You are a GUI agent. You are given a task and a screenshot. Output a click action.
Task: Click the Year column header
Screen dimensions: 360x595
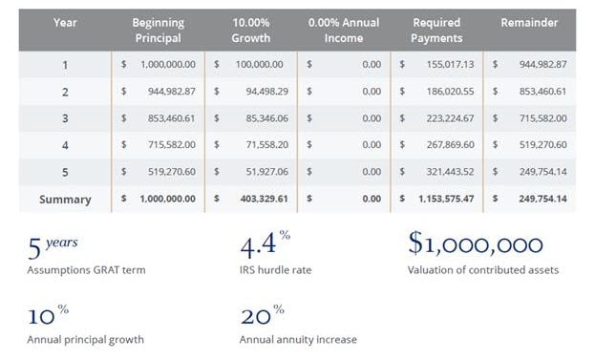pyautogui.click(x=64, y=22)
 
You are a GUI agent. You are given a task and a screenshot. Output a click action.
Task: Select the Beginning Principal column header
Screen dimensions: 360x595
pyautogui.click(x=159, y=29)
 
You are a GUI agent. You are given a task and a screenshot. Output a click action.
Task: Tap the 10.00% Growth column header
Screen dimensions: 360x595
pyautogui.click(x=250, y=29)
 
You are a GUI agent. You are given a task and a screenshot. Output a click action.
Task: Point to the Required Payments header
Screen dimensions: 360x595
pyautogui.click(x=437, y=29)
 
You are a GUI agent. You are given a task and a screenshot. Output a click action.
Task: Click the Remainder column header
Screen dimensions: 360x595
pyautogui.click(x=528, y=22)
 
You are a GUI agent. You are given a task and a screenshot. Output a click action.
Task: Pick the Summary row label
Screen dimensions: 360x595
pyautogui.click(x=65, y=200)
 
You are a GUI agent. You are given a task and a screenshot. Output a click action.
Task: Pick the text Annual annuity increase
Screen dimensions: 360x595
pyautogui.click(x=297, y=339)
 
